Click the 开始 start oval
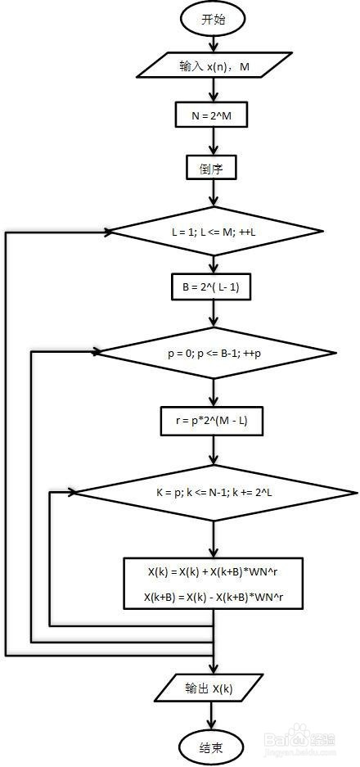(x=214, y=20)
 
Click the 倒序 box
(x=211, y=169)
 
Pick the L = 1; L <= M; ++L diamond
(x=214, y=232)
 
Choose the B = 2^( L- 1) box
(x=211, y=287)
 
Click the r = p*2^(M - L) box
(x=211, y=421)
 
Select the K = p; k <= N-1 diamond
(x=214, y=493)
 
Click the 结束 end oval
(x=211, y=747)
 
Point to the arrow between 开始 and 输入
(x=214, y=44)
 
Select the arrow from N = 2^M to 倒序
(x=214, y=142)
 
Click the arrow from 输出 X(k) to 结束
(x=211, y=716)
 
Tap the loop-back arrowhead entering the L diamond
(x=106, y=232)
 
